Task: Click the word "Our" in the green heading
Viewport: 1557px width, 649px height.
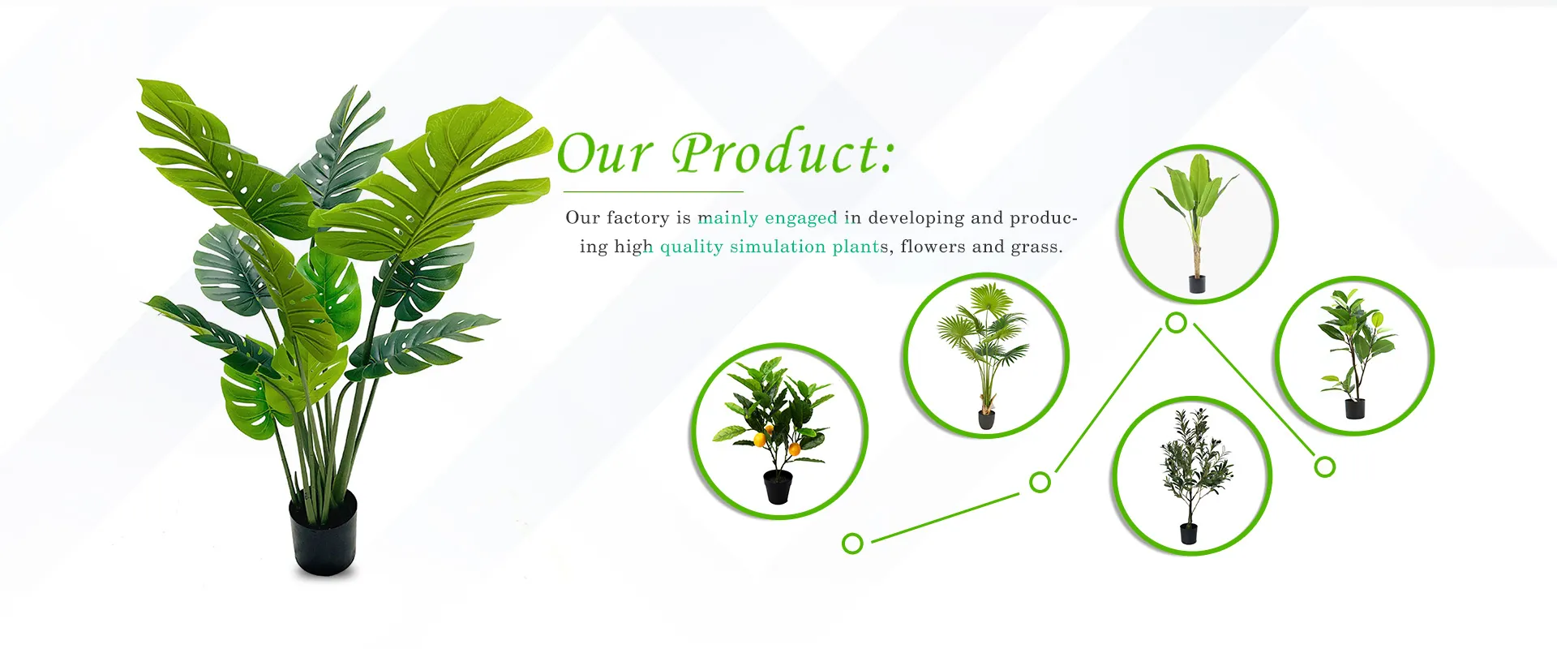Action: [x=604, y=153]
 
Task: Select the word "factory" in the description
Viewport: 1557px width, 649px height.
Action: [x=638, y=218]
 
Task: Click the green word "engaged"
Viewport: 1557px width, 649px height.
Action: [x=801, y=218]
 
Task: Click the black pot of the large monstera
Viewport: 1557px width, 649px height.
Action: [x=324, y=532]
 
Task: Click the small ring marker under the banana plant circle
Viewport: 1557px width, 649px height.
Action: [x=1176, y=323]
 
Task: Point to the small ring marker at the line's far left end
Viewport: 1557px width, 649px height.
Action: [x=852, y=543]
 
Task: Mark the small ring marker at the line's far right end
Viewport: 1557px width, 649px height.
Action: [x=1324, y=466]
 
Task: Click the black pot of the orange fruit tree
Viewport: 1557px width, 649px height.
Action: [x=778, y=487]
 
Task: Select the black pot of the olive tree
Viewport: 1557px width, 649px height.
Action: [x=1189, y=533]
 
